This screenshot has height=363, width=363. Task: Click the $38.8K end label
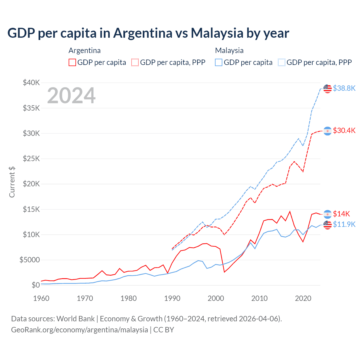click(x=344, y=88)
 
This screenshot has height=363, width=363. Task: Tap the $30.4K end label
click(x=344, y=130)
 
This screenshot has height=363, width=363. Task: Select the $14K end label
click(x=341, y=214)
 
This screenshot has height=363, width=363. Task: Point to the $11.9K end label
click(x=344, y=224)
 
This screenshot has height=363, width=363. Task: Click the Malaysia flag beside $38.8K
click(x=328, y=88)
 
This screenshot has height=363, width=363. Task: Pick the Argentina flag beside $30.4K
click(x=328, y=131)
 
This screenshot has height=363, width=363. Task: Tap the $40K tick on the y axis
click(x=31, y=83)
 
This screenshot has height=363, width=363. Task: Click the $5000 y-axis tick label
click(x=29, y=260)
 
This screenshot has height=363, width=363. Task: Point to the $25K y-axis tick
click(x=31, y=159)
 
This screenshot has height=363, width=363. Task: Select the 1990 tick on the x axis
click(x=172, y=298)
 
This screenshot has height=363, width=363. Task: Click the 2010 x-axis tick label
click(x=259, y=298)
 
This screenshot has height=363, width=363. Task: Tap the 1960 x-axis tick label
click(x=41, y=298)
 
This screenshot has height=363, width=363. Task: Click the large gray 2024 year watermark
click(x=71, y=96)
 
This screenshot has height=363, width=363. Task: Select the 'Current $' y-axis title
click(x=12, y=182)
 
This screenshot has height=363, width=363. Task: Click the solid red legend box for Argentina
click(x=72, y=62)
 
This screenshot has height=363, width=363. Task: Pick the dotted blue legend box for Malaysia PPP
click(x=282, y=62)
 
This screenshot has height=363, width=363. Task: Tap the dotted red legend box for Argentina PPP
click(x=135, y=62)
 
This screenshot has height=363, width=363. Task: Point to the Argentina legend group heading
click(x=85, y=50)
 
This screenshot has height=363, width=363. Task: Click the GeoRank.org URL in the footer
click(x=79, y=330)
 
